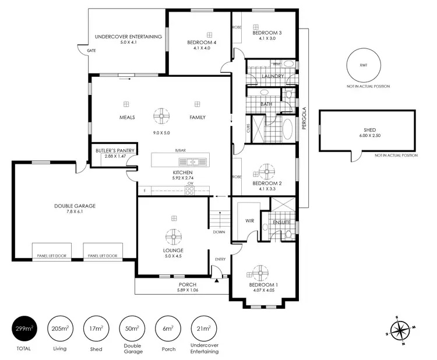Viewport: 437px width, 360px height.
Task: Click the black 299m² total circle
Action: click(24, 329)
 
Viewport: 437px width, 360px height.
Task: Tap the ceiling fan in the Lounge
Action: click(173, 238)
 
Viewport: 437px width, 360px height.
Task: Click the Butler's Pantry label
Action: click(115, 151)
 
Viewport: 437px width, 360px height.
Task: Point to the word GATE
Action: click(91, 51)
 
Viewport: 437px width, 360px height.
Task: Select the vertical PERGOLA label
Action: click(304, 119)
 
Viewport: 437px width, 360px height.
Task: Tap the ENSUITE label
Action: click(272, 222)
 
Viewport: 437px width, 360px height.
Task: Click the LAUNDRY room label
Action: click(273, 76)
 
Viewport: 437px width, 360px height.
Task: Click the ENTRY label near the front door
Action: click(220, 259)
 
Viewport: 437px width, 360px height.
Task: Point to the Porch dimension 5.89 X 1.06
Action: click(187, 290)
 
